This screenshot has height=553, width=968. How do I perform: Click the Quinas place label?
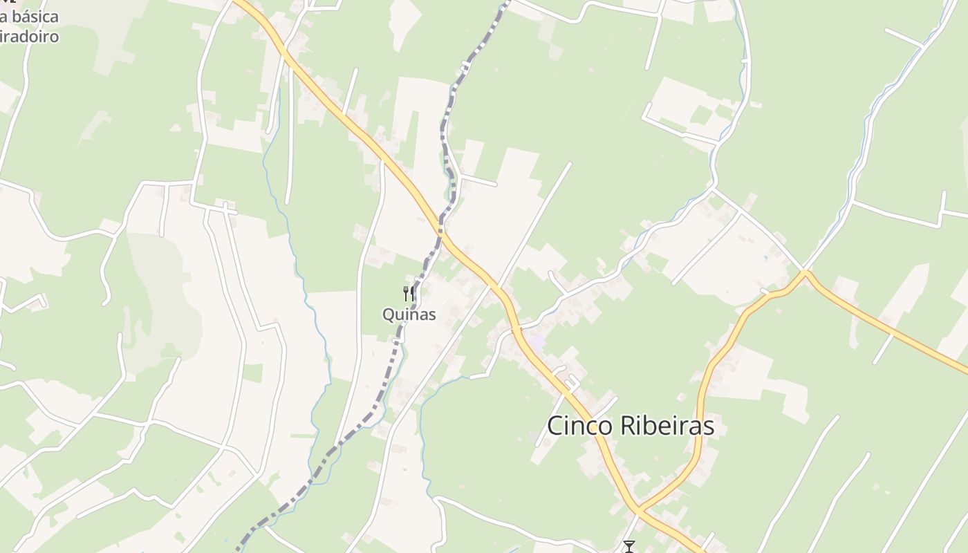409,315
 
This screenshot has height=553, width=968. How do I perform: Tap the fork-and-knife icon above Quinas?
409,294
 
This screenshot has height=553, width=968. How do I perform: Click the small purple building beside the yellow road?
537,341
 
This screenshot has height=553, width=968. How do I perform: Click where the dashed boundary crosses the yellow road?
440,229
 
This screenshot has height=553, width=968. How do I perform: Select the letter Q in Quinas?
389,315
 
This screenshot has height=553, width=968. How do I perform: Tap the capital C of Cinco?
555,426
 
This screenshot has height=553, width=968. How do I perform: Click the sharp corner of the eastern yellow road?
805,273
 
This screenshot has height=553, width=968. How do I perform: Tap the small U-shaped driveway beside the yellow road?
571,381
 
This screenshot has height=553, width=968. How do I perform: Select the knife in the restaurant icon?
412,294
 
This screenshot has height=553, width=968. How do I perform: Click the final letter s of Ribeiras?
709,427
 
